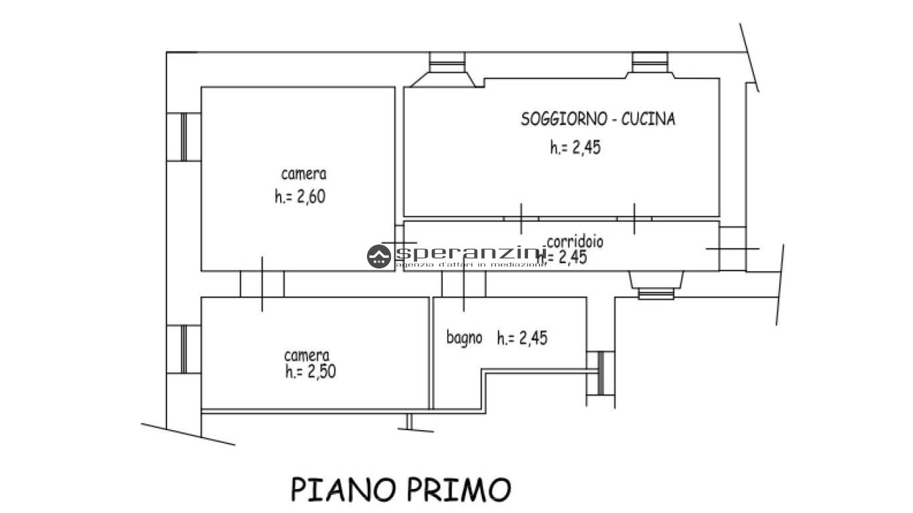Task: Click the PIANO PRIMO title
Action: point(401,489)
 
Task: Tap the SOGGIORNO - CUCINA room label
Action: point(598,120)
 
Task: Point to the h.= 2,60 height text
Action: point(299,197)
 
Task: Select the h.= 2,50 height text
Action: point(309,371)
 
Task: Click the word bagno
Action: point(464,337)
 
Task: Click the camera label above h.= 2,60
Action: point(304,174)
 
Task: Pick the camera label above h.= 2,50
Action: point(306,355)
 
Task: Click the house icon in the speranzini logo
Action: point(379,256)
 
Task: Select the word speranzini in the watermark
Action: point(471,254)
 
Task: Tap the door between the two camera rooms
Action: point(262,283)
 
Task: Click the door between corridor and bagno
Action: point(463,283)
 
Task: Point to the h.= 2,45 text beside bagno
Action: point(522,339)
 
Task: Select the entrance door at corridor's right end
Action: point(733,248)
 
